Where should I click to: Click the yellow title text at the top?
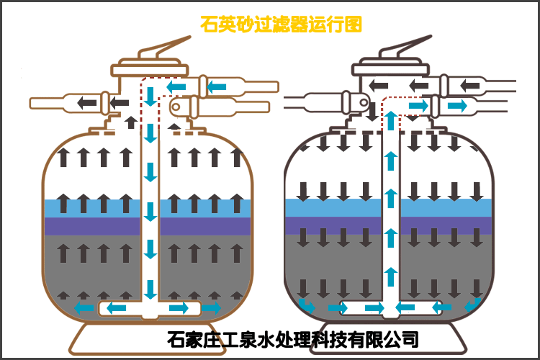pyautogui.click(x=281, y=24)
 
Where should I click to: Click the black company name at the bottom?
pyautogui.click(x=292, y=338)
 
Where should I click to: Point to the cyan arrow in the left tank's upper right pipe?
pyautogui.click(x=217, y=87)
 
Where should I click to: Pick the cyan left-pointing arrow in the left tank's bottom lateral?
pyautogui.click(x=115, y=309)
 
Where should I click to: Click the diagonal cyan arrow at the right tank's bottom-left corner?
pyautogui.click(x=307, y=306)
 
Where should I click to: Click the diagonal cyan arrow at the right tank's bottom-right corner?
pyautogui.click(x=472, y=305)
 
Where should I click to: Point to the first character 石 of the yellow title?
pyautogui.click(x=209, y=24)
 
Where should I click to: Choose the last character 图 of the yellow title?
pyautogui.click(x=352, y=24)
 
